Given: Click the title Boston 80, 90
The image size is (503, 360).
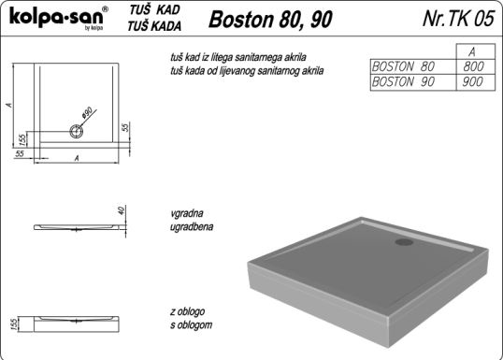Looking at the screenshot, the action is click(x=270, y=20).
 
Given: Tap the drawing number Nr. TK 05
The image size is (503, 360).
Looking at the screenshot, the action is click(x=459, y=18).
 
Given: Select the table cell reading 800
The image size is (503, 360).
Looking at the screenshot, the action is click(x=473, y=66).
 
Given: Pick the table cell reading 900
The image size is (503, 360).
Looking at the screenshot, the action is click(x=472, y=82).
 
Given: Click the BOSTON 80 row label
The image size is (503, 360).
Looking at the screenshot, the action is click(x=403, y=66).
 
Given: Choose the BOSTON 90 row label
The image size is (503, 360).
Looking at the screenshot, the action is click(x=403, y=82).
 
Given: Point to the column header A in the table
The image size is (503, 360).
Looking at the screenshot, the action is click(x=472, y=52).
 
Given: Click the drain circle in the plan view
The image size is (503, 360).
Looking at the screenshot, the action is click(x=77, y=131).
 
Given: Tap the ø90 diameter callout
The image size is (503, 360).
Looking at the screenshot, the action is click(x=87, y=112).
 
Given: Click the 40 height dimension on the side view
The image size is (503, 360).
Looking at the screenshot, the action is click(x=121, y=210).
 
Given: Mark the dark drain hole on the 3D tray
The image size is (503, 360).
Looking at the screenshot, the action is click(x=404, y=241).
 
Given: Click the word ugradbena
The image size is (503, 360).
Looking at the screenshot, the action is click(x=192, y=226).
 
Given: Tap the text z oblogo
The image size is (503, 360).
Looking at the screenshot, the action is click(x=188, y=311).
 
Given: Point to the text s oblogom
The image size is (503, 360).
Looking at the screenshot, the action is click(x=191, y=325).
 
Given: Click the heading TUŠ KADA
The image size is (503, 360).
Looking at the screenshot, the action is click(x=154, y=26).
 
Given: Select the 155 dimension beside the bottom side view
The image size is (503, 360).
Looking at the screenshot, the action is click(x=13, y=324).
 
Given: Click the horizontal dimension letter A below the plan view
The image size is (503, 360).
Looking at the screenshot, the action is click(x=77, y=158).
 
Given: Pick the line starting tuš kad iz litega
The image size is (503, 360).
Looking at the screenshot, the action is click(x=238, y=57).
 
